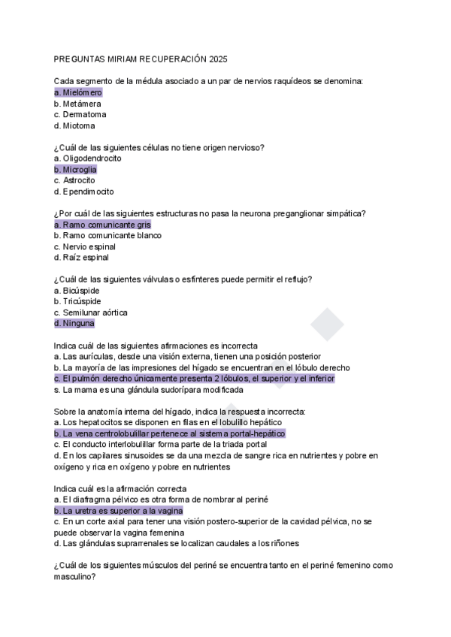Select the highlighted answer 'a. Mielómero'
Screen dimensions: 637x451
[x=78, y=92]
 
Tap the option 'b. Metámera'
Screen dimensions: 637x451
[x=78, y=103]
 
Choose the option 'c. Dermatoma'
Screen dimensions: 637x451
[x=80, y=114]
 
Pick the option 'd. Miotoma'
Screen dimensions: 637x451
[x=74, y=125]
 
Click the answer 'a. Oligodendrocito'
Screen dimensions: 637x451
[x=88, y=158]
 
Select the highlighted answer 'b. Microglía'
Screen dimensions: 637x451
[x=75, y=170]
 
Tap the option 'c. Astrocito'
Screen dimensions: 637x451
[x=74, y=180]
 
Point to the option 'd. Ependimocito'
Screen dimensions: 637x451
[x=83, y=192]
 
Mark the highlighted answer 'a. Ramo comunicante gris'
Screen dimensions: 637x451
[x=103, y=225]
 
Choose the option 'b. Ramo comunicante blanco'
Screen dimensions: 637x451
[x=107, y=235]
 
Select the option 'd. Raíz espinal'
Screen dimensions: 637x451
[x=81, y=258]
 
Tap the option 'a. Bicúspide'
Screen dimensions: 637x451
[x=77, y=291]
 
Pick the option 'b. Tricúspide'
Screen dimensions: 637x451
[x=77, y=301]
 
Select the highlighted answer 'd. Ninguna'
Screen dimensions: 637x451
[x=74, y=324]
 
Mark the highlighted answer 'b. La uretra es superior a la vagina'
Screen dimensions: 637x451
[x=119, y=511]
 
